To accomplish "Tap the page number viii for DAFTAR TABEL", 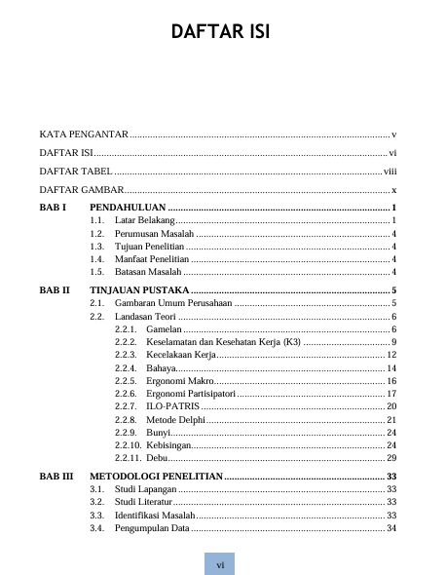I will [x=389, y=171].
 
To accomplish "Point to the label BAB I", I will [x=52, y=209].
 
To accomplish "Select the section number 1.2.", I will [x=96, y=235].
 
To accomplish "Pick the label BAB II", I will [x=54, y=290].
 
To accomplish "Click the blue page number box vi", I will [x=220, y=564].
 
